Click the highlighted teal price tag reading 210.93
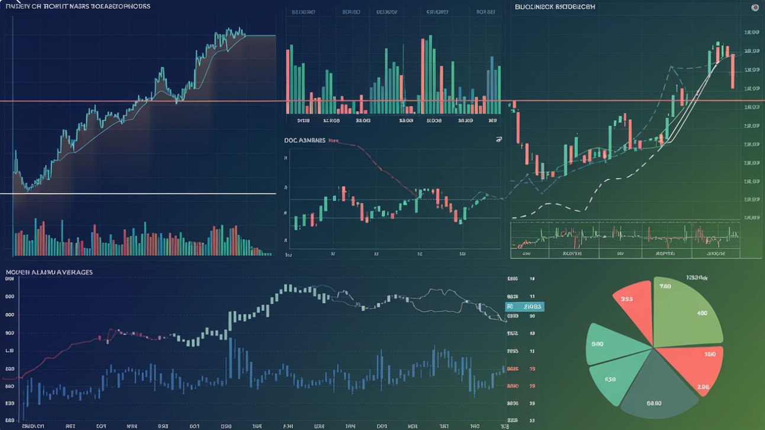click(x=525, y=307)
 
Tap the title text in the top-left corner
click(x=77, y=6)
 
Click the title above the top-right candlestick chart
click(x=555, y=6)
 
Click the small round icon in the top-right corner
click(x=755, y=7)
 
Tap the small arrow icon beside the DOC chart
click(x=499, y=140)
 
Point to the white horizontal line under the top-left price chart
click(x=142, y=194)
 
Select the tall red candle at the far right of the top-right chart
click(x=732, y=71)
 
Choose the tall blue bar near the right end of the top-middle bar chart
click(x=491, y=83)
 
